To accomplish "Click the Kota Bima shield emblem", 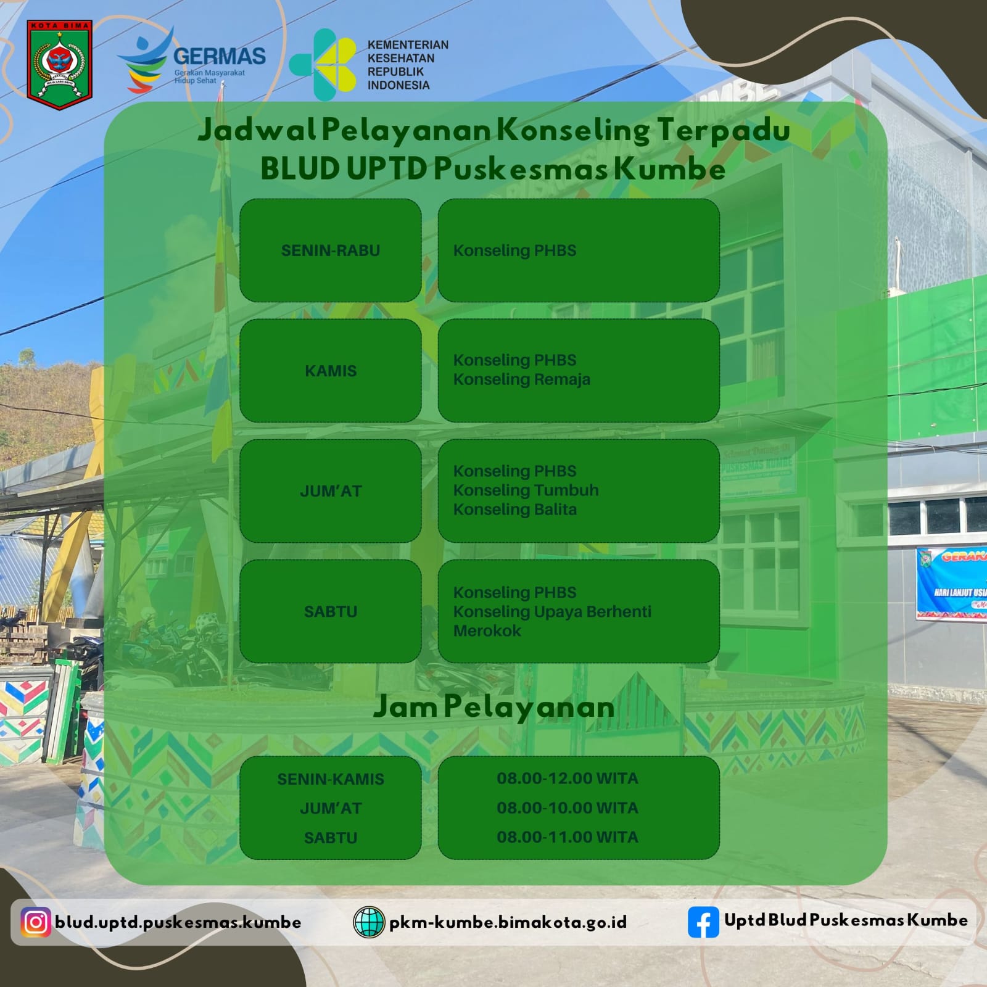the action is [59, 65].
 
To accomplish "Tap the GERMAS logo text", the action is [220, 56].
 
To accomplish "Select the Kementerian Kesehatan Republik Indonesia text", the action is [408, 65].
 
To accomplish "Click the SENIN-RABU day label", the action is [331, 250].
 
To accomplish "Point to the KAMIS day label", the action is [331, 371].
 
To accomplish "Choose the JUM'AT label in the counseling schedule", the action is [331, 491].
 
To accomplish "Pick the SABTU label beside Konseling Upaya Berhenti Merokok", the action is [331, 611].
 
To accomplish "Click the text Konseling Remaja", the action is [522, 379].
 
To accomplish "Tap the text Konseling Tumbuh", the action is [526, 490].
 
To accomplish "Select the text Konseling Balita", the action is [515, 510].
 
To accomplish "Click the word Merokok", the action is [487, 630].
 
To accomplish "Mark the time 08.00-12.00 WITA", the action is [568, 778].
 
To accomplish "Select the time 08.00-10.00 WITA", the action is [568, 807].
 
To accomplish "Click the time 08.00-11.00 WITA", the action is [568, 837].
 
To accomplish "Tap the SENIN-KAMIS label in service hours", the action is [331, 779].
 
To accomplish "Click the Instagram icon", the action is [36, 922].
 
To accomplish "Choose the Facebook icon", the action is [703, 922].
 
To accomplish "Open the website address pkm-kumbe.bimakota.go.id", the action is [508, 922].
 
